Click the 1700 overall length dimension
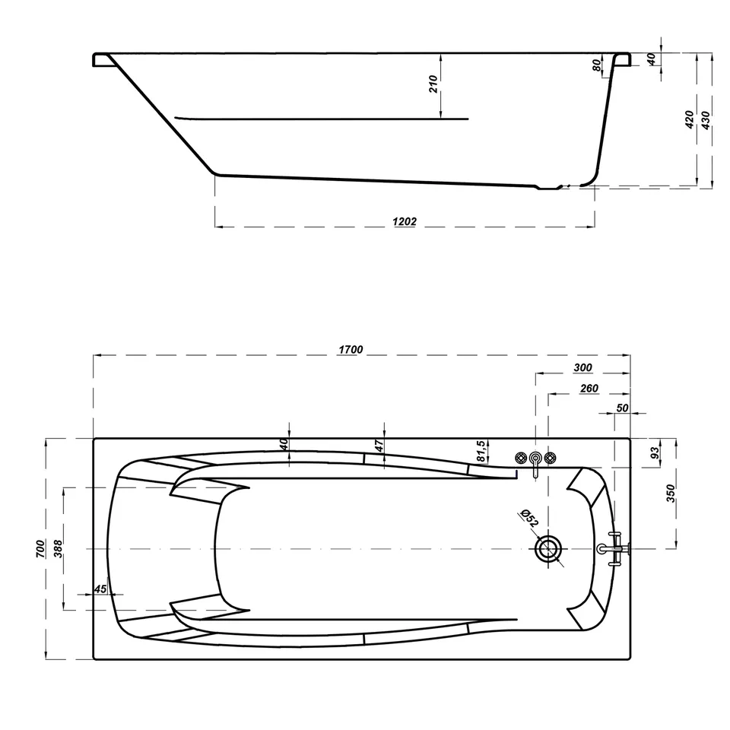(351, 349)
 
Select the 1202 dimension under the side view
(404, 221)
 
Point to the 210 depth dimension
(433, 84)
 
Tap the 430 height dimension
(706, 120)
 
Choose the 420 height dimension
(690, 120)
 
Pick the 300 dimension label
(582, 368)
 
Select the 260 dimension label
(589, 389)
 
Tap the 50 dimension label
(622, 408)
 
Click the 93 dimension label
(655, 452)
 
